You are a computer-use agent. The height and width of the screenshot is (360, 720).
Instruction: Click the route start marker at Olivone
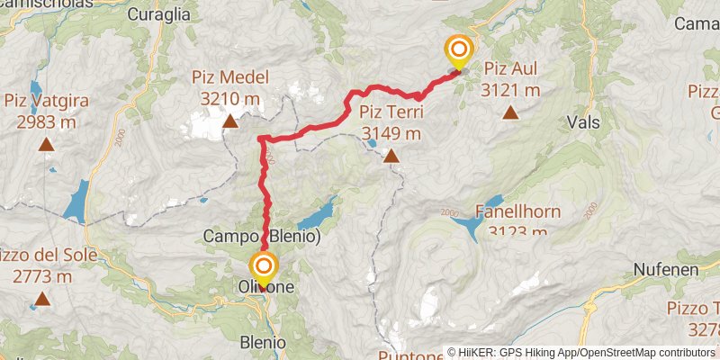click(264, 266)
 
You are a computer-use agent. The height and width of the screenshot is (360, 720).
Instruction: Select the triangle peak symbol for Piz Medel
click(230, 121)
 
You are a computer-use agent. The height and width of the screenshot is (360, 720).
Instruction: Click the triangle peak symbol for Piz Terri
click(391, 157)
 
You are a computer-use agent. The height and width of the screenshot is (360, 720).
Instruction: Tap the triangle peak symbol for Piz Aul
click(511, 112)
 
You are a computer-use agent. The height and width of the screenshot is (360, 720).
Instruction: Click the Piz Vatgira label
click(44, 100)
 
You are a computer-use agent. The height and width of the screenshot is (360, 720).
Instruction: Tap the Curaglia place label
click(159, 13)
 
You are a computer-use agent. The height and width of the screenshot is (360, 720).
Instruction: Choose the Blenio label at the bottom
click(264, 343)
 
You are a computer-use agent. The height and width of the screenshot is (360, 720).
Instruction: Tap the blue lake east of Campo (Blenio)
click(315, 216)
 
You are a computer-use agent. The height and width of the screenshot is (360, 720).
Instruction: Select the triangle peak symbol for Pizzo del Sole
click(41, 299)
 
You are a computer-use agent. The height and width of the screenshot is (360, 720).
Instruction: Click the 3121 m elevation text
click(511, 90)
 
